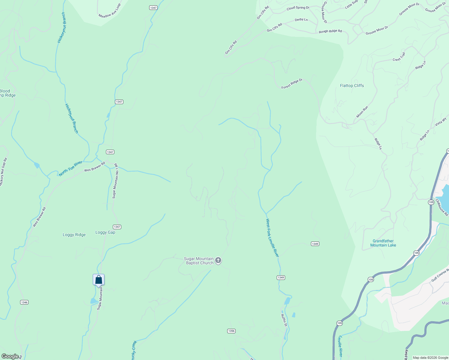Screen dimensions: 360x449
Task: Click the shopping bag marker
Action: coord(98,280)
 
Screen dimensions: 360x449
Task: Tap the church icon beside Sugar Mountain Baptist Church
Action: coord(218,260)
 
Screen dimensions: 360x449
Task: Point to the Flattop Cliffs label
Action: coord(352,85)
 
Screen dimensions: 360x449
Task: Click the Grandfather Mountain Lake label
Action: coord(383,243)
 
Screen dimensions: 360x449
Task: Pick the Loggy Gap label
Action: coord(105,232)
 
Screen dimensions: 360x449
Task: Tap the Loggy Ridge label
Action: coord(74,235)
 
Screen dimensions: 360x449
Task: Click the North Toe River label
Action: coord(71,169)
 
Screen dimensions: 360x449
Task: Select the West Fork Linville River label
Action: coord(272,238)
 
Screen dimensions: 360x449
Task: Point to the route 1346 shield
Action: coord(24,302)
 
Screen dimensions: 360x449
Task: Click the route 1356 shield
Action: coord(231,331)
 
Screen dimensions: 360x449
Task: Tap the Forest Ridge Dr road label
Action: coord(292,84)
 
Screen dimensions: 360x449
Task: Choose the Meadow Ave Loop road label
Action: coord(110,11)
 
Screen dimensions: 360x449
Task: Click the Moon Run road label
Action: coord(362,112)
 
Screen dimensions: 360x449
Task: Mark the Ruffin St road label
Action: coord(284,320)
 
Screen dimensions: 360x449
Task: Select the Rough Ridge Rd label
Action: coord(330,31)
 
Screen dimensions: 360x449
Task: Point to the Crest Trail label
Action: coord(399,57)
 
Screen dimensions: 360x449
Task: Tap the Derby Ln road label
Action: coord(301,20)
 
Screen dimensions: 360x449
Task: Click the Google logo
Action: coord(10,356)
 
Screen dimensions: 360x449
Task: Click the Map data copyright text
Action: coord(430,358)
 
